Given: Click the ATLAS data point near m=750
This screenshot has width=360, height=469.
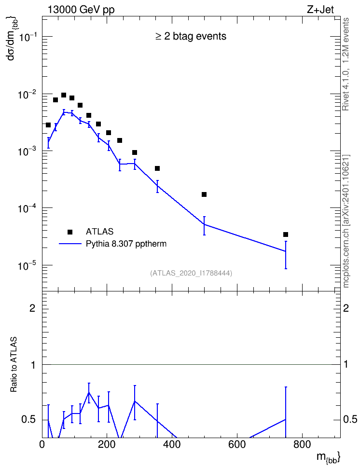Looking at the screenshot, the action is (286, 234).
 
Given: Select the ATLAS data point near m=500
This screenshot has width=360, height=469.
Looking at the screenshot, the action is (204, 194).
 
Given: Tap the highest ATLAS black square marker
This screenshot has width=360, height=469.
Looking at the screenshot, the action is (64, 95).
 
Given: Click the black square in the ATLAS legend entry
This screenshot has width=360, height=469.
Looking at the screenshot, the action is (70, 232).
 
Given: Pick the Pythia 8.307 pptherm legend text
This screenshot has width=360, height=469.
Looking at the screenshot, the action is (126, 244).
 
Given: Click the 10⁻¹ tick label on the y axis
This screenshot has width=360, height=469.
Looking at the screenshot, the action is (28, 37).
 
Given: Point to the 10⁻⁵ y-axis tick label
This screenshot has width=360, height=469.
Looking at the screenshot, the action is (28, 265).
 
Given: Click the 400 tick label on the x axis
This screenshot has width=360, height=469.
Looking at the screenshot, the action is (172, 445).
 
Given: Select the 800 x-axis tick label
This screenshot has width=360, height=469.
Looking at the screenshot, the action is (302, 445).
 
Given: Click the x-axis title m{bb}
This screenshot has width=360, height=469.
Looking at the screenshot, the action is (329, 457).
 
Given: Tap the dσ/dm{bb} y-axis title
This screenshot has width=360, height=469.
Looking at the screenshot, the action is (13, 38).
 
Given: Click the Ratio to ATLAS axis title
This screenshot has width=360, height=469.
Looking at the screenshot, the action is (14, 365).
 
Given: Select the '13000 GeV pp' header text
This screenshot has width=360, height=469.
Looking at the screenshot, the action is (81, 10).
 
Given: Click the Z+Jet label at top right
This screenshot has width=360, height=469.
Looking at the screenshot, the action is (320, 10).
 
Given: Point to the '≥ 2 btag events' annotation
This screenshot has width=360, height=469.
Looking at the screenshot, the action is (191, 37).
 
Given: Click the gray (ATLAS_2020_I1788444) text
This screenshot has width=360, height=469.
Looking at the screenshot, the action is (191, 273).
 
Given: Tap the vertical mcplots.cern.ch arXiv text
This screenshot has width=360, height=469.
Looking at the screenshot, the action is (346, 221).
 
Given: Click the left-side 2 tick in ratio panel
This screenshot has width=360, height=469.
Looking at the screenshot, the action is (32, 308).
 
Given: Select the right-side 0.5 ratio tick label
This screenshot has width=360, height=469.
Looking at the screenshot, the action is (350, 420).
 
